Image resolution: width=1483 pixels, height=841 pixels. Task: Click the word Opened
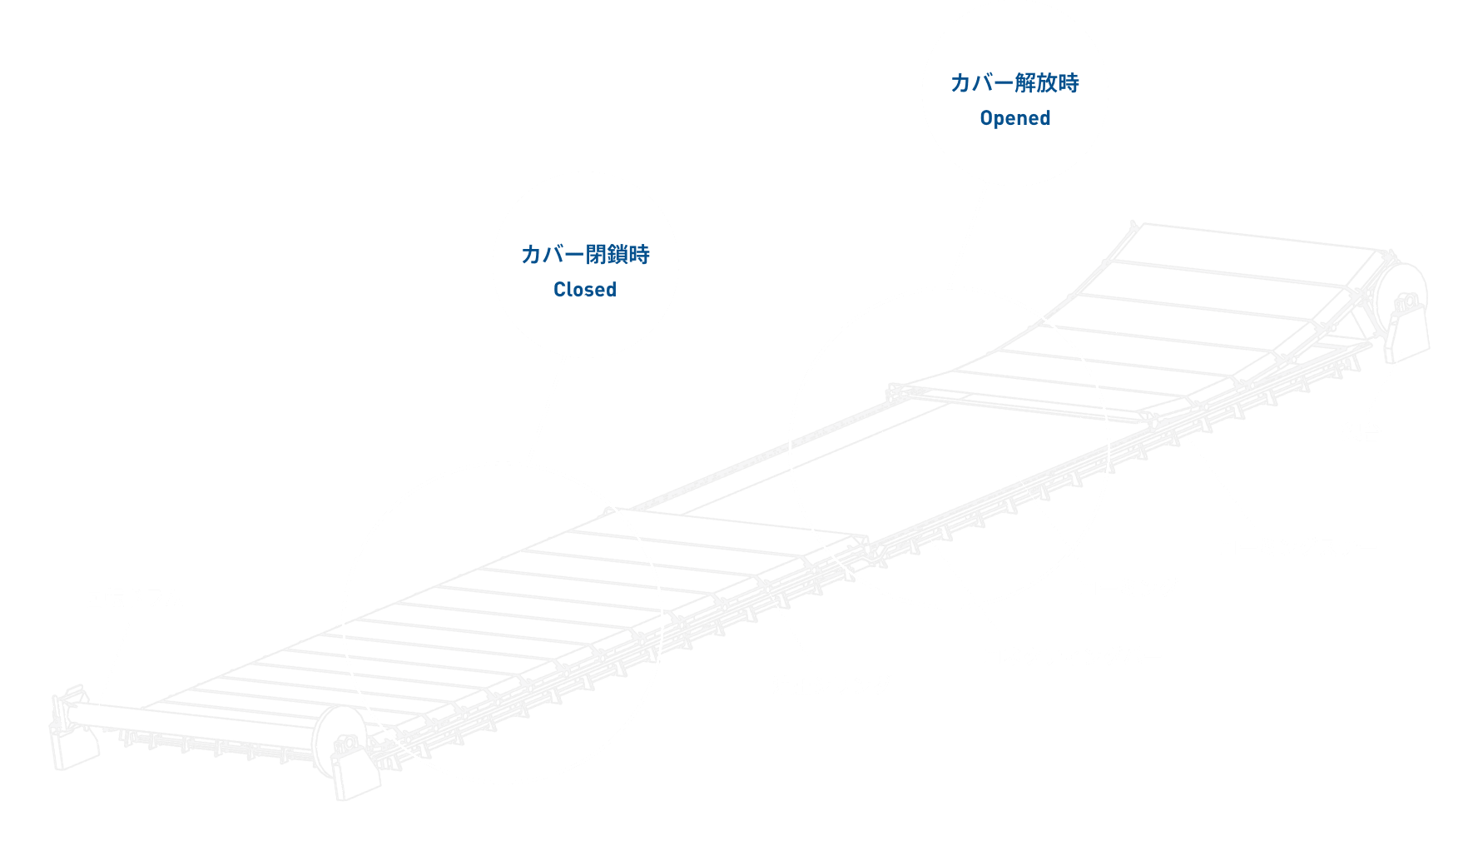click(1014, 118)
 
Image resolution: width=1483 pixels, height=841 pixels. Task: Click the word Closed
click(585, 290)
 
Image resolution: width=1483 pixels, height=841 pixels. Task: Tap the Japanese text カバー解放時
click(1014, 82)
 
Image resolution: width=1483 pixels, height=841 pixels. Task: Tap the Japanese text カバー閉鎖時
click(585, 254)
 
